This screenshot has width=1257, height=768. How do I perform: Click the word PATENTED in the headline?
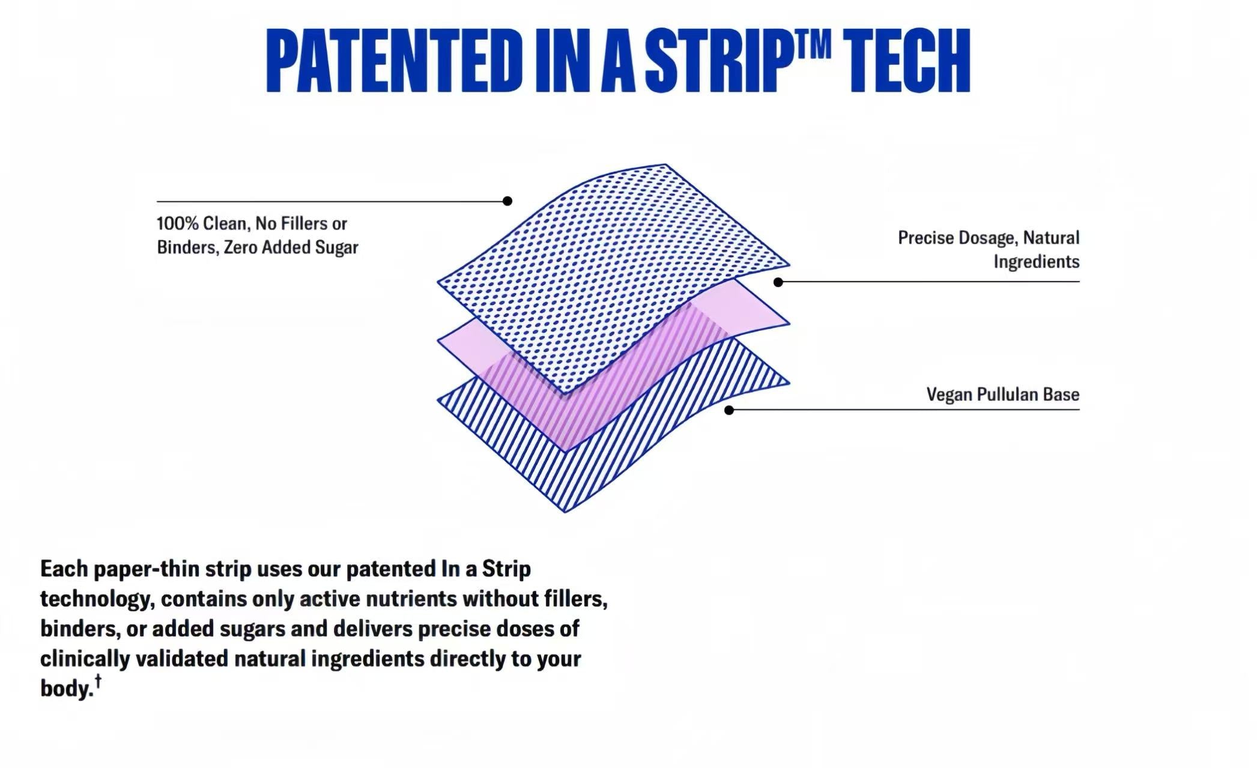pyautogui.click(x=393, y=60)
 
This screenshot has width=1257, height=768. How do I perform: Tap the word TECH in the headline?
pyautogui.click(x=906, y=60)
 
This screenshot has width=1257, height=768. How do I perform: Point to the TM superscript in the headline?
pyautogui.click(x=814, y=44)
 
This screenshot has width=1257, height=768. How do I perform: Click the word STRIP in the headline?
pyautogui.click(x=720, y=60)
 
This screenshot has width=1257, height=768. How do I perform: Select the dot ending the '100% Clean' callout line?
pyautogui.click(x=507, y=201)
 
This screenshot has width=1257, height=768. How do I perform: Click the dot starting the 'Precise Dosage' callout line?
pyautogui.click(x=778, y=282)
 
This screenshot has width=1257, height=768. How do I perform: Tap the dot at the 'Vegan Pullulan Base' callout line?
pyautogui.click(x=729, y=410)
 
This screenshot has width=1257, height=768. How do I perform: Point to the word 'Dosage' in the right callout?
pyautogui.click(x=987, y=238)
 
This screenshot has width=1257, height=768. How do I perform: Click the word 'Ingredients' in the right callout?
pyautogui.click(x=1037, y=262)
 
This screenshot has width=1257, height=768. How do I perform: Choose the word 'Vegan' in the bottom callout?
pyautogui.click(x=949, y=395)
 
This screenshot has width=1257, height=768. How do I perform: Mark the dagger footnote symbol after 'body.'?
pyautogui.click(x=98, y=681)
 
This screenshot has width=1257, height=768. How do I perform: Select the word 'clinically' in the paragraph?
pyautogui.click(x=85, y=659)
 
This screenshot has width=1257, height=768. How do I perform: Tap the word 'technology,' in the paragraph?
pyautogui.click(x=97, y=599)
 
